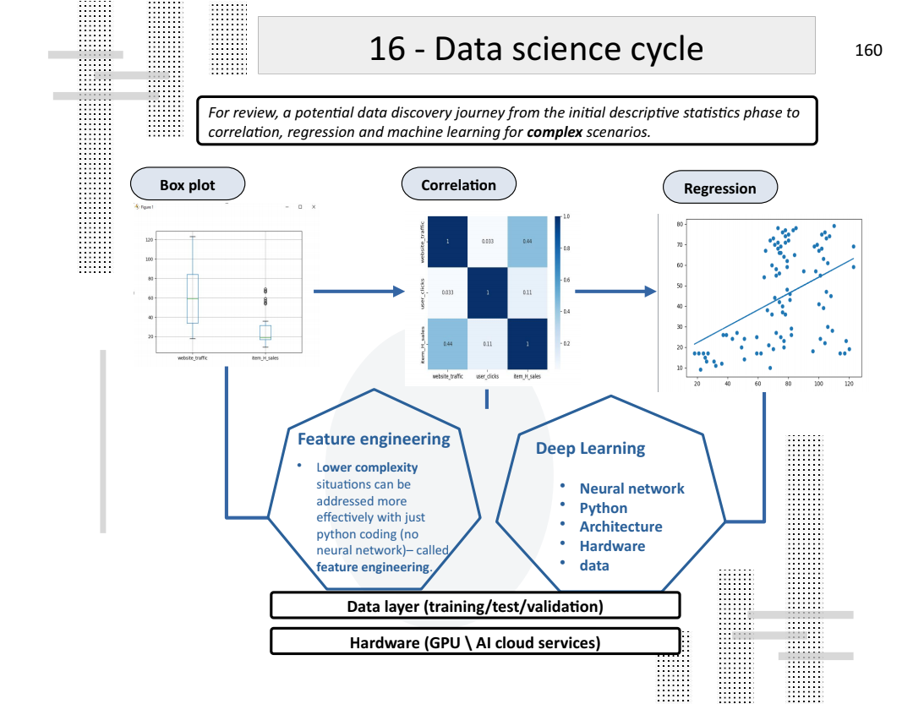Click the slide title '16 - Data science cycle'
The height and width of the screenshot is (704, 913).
536,49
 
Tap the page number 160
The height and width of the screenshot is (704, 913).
868,50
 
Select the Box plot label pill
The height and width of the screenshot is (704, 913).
187,185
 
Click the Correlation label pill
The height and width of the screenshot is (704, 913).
458,184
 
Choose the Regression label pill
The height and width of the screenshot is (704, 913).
719,188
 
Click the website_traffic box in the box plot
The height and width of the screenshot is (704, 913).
193,298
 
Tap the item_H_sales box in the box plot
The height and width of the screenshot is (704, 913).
265,332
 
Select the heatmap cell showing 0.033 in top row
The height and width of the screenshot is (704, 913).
488,242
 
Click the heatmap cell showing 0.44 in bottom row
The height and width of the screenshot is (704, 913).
447,344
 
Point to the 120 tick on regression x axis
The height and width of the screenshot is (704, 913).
848,384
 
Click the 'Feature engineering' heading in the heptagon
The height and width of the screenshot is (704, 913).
374,439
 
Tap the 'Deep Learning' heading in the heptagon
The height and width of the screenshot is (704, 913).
590,448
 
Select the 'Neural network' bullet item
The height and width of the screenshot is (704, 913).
631,488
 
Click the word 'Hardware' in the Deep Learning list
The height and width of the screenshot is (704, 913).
612,546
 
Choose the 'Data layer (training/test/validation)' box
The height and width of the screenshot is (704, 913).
475,606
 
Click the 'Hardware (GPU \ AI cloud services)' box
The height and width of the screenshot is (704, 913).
475,642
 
